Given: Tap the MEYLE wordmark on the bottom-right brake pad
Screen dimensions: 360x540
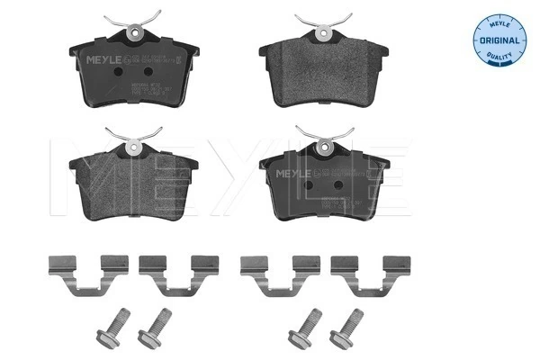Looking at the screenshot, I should click(292, 171).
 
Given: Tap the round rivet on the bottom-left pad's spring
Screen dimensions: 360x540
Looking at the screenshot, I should click(134, 147).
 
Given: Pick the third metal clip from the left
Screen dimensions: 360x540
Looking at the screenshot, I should click(274, 271).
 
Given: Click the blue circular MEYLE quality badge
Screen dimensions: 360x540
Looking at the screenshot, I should click(499, 40).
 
